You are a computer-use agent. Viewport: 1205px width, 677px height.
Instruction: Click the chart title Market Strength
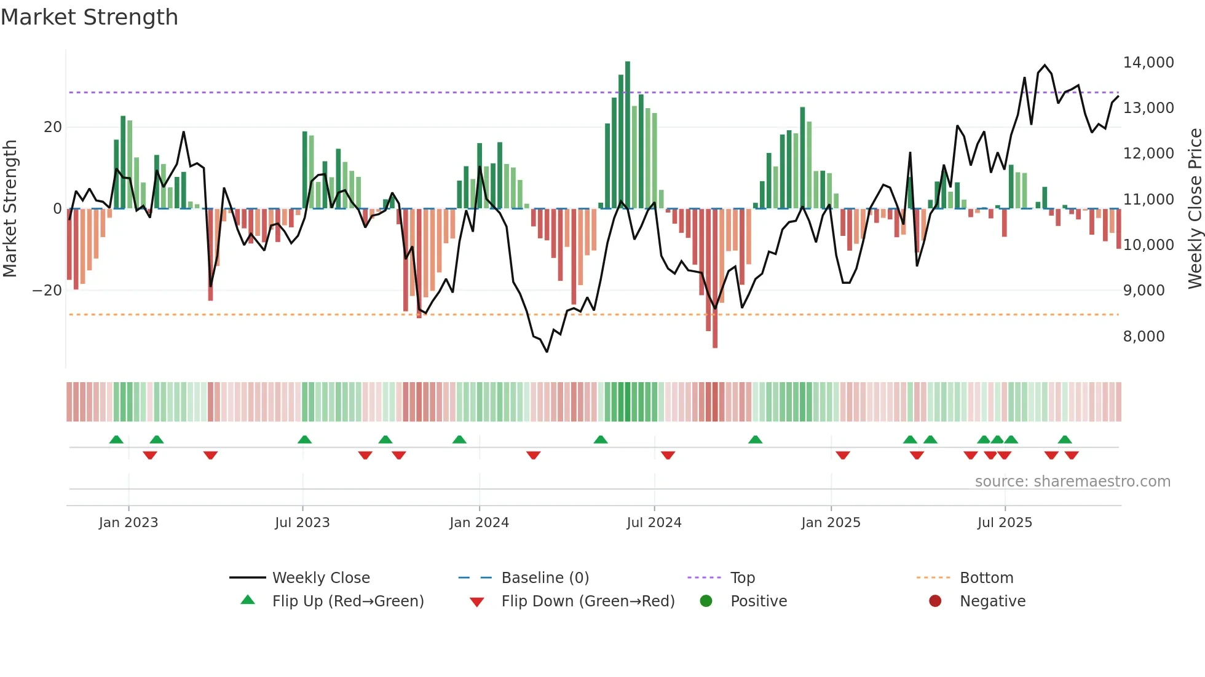[x=89, y=17]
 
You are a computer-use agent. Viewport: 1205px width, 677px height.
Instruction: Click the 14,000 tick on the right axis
[x=1148, y=63]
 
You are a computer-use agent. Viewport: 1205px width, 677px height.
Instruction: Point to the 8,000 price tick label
[x=1144, y=337]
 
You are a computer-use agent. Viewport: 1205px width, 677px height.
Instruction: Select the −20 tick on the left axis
[x=47, y=291]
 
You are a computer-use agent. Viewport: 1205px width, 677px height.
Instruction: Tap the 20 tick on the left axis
[x=53, y=127]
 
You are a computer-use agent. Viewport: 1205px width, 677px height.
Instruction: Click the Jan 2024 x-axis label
[x=479, y=523]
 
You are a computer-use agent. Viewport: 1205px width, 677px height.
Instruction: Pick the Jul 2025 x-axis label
[x=1005, y=523]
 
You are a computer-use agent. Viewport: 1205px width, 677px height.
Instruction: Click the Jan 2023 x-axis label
[x=128, y=523]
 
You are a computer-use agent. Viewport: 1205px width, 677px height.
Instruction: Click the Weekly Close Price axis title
[x=1195, y=209]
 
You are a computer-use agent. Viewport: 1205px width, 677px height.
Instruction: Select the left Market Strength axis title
[x=10, y=209]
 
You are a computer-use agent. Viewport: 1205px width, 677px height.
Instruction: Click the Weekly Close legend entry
[x=320, y=578]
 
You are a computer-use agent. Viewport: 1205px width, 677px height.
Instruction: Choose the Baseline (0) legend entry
[x=545, y=578]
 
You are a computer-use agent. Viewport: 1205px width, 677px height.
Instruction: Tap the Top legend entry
[x=742, y=578]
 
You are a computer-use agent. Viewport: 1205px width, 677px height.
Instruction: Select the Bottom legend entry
[x=986, y=578]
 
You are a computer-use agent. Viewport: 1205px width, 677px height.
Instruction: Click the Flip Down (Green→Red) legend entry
[x=587, y=601]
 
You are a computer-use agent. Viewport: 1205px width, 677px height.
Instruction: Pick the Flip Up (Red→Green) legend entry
[x=347, y=601]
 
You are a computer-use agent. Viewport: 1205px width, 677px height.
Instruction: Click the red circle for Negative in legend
[x=935, y=601]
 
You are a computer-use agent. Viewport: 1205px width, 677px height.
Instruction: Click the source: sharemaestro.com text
[x=1072, y=482]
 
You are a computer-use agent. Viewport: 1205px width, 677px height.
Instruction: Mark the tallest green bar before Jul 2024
[x=628, y=135]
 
